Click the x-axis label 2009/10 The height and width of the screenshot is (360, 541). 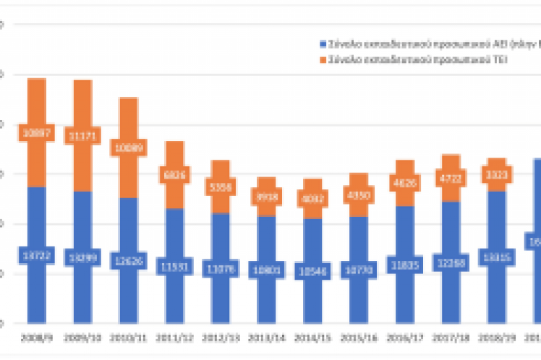(82, 337)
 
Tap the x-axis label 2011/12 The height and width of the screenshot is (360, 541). (174, 337)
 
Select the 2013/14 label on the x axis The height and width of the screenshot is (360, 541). (266, 337)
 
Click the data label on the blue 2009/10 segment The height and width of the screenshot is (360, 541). (82, 257)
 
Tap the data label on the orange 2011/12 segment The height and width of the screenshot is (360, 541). (174, 175)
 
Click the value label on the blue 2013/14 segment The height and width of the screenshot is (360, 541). (266, 270)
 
